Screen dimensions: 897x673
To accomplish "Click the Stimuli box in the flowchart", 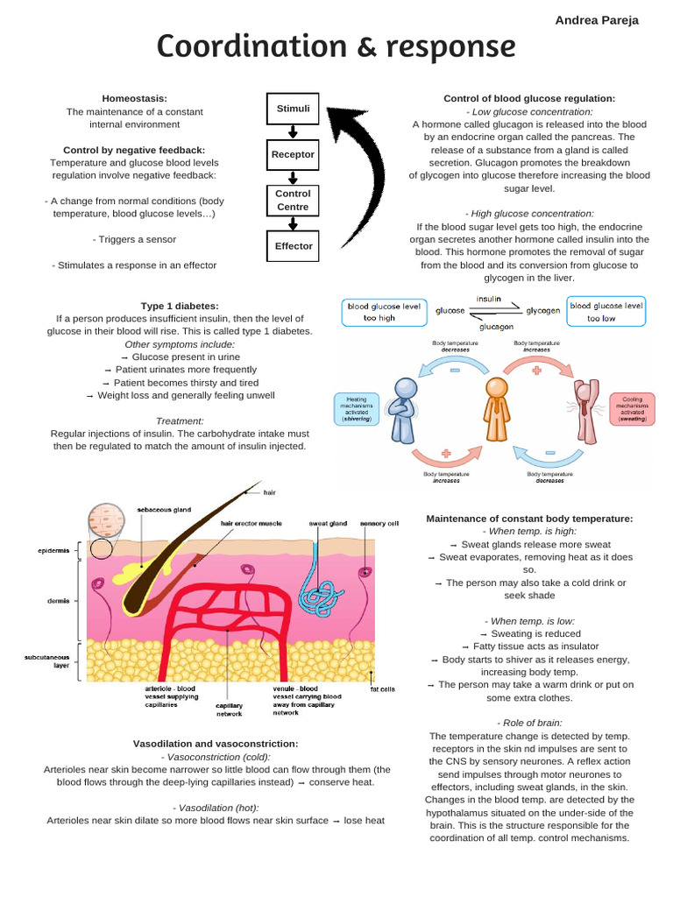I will click(x=293, y=109).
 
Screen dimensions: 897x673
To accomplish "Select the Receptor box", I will click(x=293, y=155).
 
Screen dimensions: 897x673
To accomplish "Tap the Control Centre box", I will click(x=293, y=201).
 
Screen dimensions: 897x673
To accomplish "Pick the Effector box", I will click(x=293, y=246).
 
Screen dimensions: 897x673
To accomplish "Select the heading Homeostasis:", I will click(x=134, y=99).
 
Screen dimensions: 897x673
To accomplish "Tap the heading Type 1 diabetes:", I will click(x=180, y=306).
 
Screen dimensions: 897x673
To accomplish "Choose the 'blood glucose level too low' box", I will click(x=606, y=312).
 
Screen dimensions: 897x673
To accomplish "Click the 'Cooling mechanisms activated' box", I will click(x=632, y=408).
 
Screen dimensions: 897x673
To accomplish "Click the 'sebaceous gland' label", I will click(x=163, y=509).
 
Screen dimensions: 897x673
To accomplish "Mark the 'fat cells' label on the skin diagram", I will click(x=382, y=689).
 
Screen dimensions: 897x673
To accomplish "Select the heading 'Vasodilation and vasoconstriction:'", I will click(x=216, y=744).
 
